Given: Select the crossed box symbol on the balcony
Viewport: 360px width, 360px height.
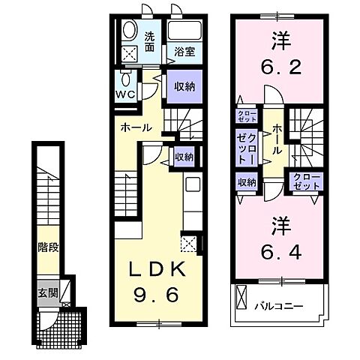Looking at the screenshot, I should coord(241,298).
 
